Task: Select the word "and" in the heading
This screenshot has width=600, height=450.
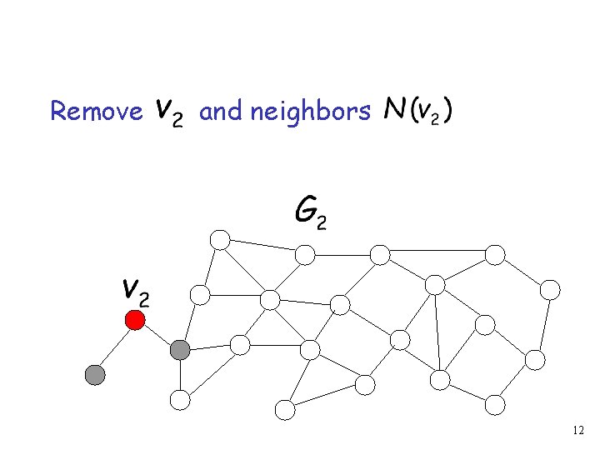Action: tap(221, 111)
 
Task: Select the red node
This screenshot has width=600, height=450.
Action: tap(135, 320)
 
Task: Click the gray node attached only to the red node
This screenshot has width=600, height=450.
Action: tap(96, 375)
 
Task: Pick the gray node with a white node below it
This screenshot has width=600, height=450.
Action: tap(180, 351)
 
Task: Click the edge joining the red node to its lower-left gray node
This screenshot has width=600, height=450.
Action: tap(115, 347)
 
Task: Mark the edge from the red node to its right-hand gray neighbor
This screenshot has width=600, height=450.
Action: tap(157, 336)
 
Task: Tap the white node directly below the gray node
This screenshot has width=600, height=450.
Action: tap(180, 400)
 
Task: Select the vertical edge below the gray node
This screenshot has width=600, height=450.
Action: tap(180, 376)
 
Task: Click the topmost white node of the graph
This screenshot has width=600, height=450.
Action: tap(219, 240)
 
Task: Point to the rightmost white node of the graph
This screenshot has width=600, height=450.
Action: tap(550, 289)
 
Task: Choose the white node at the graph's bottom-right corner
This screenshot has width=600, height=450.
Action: tap(495, 405)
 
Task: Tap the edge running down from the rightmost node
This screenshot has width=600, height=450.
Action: tap(542, 324)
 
